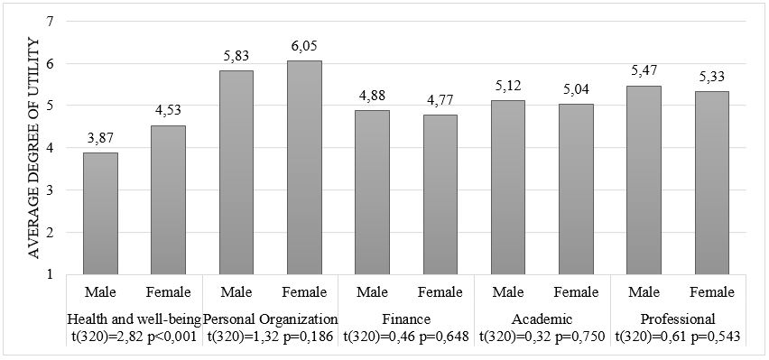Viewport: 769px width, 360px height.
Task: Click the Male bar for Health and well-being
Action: tap(101, 213)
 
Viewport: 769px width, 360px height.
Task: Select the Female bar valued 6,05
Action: tap(304, 167)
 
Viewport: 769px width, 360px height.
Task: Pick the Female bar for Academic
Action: tap(576, 189)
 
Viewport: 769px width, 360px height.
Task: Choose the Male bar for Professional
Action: tap(644, 180)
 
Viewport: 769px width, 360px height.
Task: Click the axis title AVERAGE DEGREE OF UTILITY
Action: tap(34, 148)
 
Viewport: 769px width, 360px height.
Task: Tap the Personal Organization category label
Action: tap(271, 319)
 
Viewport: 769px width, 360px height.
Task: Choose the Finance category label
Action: tap(406, 319)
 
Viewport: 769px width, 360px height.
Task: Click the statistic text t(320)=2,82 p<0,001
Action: tap(135, 337)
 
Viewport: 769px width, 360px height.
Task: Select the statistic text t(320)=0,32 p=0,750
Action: tap(542, 337)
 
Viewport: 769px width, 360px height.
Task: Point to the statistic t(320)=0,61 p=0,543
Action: tap(678, 337)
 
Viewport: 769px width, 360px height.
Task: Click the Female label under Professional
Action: tap(711, 292)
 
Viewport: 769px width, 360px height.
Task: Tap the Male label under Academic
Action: tap(508, 292)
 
